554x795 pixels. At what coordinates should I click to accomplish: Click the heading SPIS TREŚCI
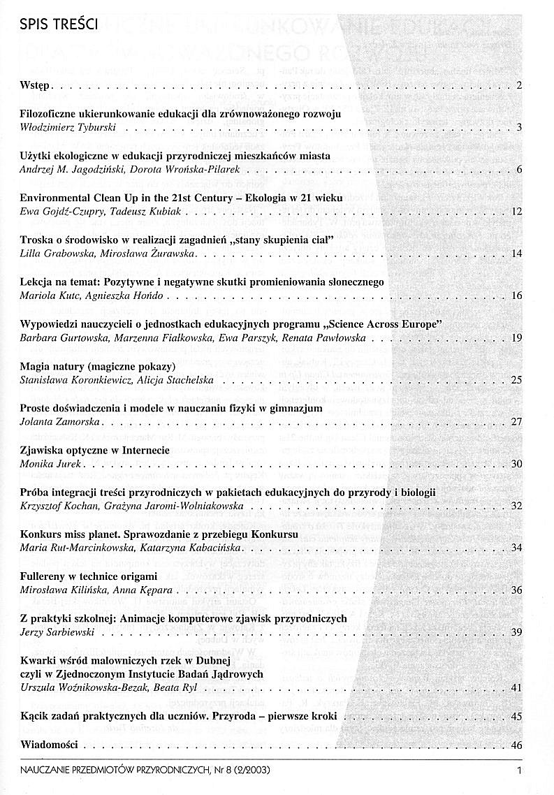[x=60, y=26]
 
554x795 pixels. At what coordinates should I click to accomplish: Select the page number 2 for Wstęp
[x=519, y=86]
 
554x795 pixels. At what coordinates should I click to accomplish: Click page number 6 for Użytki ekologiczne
[x=519, y=170]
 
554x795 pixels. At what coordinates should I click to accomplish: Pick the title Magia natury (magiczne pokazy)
[x=97, y=366]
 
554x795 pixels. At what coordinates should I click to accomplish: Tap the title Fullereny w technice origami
[x=89, y=576]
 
